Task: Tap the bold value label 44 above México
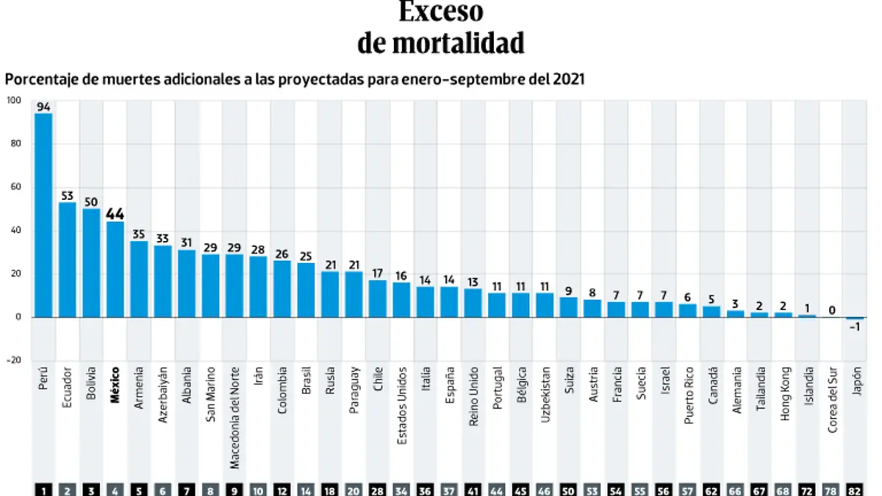(x=115, y=214)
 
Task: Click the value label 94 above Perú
(x=43, y=107)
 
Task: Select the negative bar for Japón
(x=855, y=318)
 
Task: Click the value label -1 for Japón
(x=855, y=328)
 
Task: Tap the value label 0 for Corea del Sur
(x=831, y=310)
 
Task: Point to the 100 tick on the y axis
(x=14, y=101)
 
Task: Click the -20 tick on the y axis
(x=14, y=360)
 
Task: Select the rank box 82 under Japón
(x=855, y=489)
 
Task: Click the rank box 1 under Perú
(x=43, y=489)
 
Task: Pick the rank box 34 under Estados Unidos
(x=401, y=489)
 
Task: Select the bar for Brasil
(x=306, y=290)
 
